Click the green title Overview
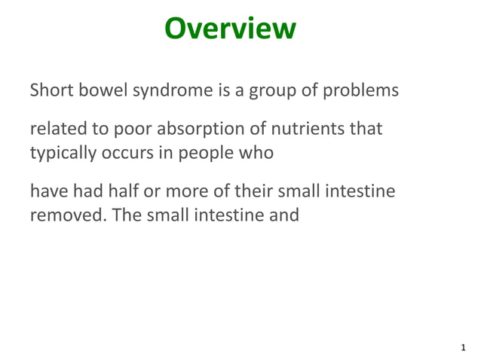pos(230,29)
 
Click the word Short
pos(50,92)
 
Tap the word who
pos(258,152)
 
